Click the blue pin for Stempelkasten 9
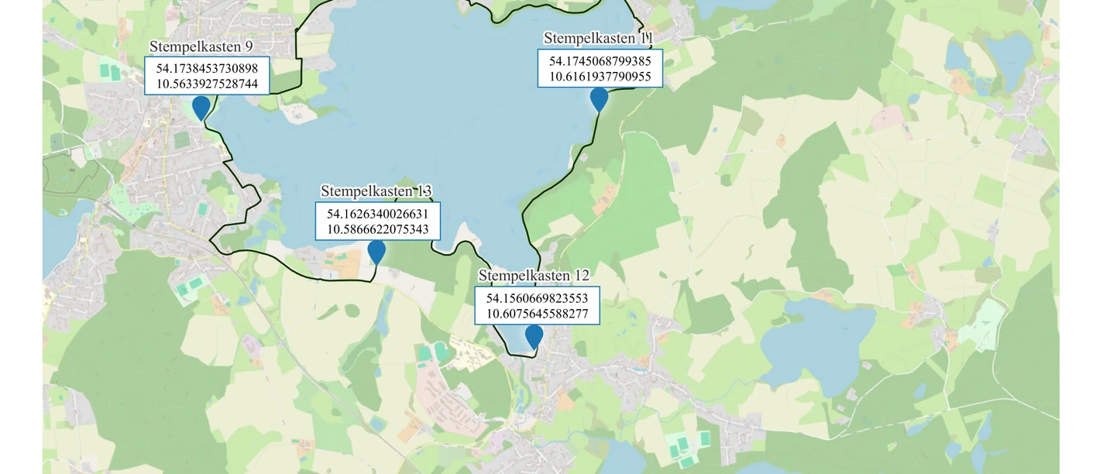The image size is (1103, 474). pos(201,107)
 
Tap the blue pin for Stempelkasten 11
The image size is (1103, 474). pos(599,98)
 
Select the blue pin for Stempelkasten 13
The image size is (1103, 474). pos(376,251)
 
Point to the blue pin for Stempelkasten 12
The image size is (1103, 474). pos(534,336)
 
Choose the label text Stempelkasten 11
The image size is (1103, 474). pos(599,38)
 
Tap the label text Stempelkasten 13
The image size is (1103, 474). pos(376,191)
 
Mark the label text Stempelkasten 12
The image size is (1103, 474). pos(534,276)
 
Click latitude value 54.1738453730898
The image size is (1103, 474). pos(207,69)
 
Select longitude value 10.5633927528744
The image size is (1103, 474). pos(207,84)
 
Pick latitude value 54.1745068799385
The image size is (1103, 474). pos(600,60)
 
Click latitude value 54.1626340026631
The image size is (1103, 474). pos(378,214)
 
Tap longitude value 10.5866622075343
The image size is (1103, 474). pos(378,229)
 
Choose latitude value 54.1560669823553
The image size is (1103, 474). pos(537,298)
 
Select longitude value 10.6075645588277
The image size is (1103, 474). pos(537,314)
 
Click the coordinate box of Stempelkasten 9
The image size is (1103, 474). pos(207,76)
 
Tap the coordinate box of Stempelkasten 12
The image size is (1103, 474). pos(537,306)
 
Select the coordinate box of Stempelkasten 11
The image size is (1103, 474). pos(600,68)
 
